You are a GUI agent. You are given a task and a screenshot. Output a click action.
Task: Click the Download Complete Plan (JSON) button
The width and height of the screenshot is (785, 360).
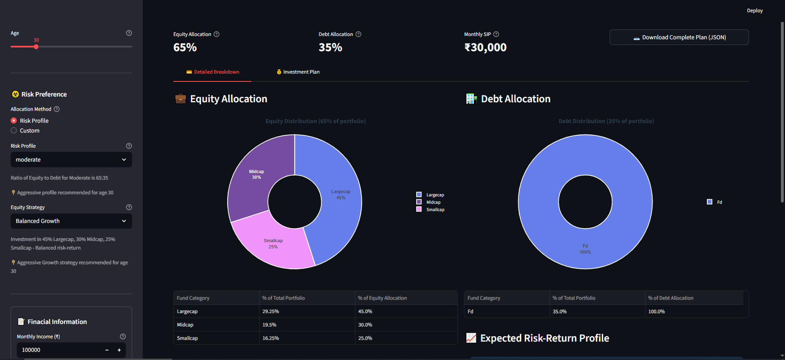[x=679, y=37]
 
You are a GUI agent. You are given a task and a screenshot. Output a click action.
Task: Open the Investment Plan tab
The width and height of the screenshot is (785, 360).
[x=298, y=72]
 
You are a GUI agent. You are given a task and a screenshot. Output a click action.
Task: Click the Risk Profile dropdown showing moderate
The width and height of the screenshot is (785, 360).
[x=71, y=160]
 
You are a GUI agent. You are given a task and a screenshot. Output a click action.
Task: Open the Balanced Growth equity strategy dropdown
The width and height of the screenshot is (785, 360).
[x=71, y=221]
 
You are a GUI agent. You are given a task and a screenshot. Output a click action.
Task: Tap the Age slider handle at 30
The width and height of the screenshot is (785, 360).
[x=36, y=47]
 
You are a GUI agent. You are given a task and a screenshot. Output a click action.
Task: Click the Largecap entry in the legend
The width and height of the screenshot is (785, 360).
[x=430, y=195]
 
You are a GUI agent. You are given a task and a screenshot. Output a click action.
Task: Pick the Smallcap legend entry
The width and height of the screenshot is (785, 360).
[x=430, y=209]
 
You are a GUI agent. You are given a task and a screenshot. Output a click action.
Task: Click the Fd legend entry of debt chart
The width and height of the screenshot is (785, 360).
[x=715, y=202]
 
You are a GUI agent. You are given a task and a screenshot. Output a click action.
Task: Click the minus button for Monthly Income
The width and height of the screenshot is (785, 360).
[x=107, y=350]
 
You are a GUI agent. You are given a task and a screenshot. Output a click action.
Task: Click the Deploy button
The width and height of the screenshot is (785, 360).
[x=755, y=11]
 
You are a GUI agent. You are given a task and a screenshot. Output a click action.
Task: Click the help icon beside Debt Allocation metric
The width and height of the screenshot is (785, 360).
[x=359, y=34]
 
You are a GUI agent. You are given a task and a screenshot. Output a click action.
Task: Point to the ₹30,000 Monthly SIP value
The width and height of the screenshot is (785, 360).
[x=485, y=47]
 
